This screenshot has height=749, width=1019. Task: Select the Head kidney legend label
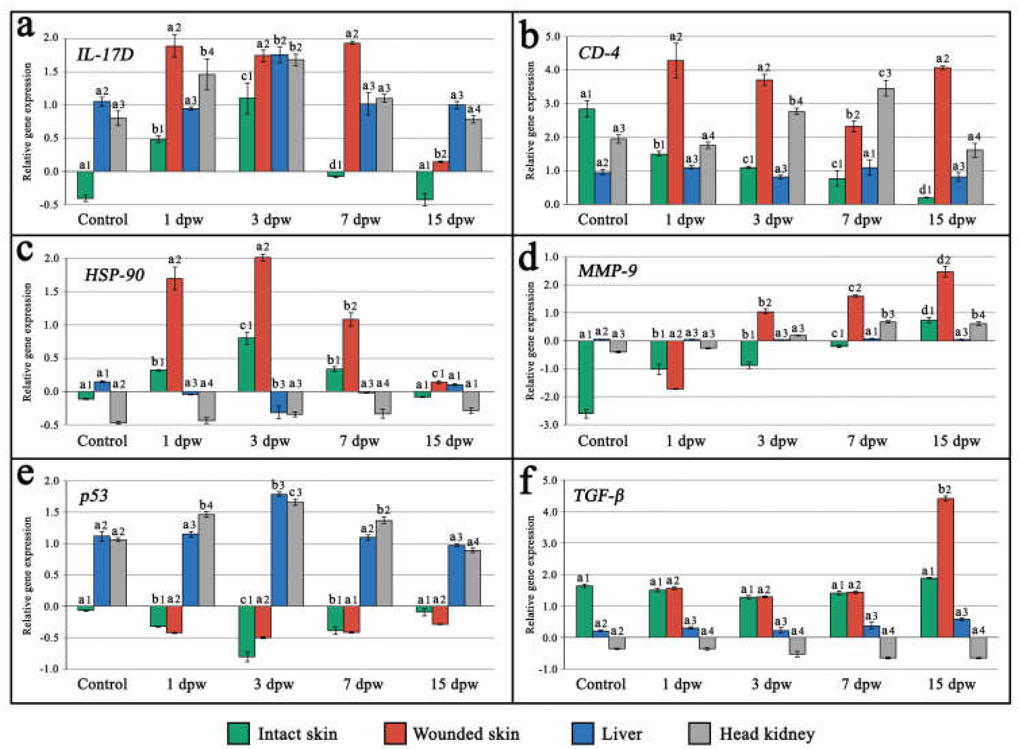(767, 733)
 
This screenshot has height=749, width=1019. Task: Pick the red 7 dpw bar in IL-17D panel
(352, 107)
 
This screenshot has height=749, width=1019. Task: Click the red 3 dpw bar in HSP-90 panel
(263, 324)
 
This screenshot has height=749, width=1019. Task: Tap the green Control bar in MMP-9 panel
(586, 377)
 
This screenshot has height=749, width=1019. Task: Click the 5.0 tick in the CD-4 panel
(550, 36)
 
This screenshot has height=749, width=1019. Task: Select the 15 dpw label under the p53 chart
(454, 684)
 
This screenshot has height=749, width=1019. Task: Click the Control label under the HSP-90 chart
(102, 441)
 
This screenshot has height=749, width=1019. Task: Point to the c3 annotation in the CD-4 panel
(886, 73)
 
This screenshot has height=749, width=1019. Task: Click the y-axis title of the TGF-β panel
(530, 575)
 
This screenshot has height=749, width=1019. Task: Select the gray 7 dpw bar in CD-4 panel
(886, 146)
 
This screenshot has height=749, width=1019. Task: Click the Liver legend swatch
(582, 733)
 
